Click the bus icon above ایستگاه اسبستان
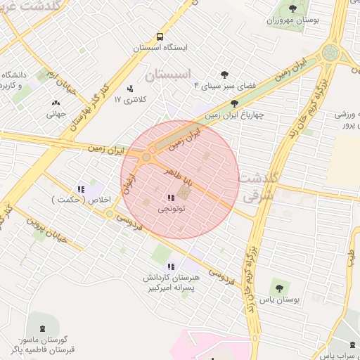tap(160, 37)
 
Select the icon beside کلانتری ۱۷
tap(130, 89)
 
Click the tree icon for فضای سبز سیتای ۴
tap(224, 74)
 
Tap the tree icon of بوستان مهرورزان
tap(292, 8)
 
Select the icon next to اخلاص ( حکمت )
tap(81, 188)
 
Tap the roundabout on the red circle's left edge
tap(146, 157)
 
